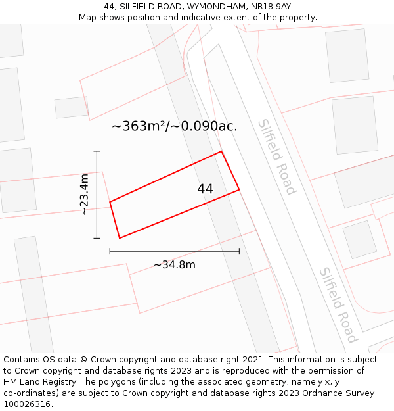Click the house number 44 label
[205, 189]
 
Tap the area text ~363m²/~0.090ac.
[175, 126]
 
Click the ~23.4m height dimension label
[85, 195]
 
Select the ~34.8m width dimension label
[175, 265]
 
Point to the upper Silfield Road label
[276, 157]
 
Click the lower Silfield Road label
[338, 304]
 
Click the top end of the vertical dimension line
[97, 151]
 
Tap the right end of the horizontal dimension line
[239, 251]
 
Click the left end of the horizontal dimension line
[110, 251]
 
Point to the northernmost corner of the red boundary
[221, 151]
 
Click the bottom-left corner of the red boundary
[120, 238]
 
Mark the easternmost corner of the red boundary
[239, 190]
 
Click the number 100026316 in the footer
[28, 404]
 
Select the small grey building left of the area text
[71, 107]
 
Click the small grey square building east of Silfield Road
[359, 239]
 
